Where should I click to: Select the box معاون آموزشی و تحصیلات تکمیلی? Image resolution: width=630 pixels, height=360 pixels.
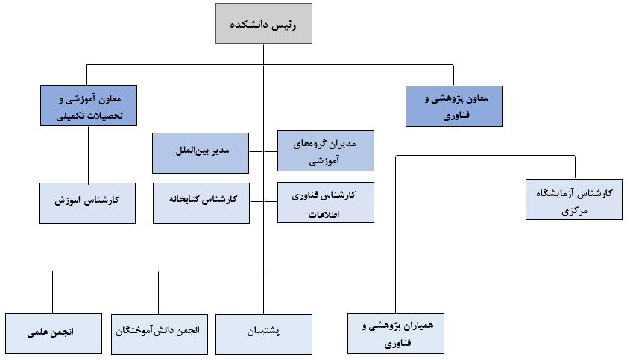(87, 105)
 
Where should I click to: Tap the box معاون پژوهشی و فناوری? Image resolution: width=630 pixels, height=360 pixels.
(453, 106)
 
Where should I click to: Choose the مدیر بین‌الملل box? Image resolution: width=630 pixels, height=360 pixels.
(200, 152)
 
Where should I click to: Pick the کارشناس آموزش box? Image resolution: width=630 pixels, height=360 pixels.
(87, 202)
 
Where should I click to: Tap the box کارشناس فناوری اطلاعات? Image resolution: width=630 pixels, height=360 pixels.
(325, 202)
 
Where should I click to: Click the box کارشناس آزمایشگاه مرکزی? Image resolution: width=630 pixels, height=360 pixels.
(573, 199)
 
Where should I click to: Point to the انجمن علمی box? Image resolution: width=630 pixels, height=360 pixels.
(53, 333)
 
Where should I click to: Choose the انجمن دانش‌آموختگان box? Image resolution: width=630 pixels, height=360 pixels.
(160, 333)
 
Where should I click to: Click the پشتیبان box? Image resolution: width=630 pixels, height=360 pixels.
(264, 333)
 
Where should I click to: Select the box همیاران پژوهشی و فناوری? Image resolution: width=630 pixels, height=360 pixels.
(395, 333)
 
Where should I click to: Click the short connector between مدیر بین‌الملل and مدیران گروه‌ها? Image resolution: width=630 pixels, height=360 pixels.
(262, 152)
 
